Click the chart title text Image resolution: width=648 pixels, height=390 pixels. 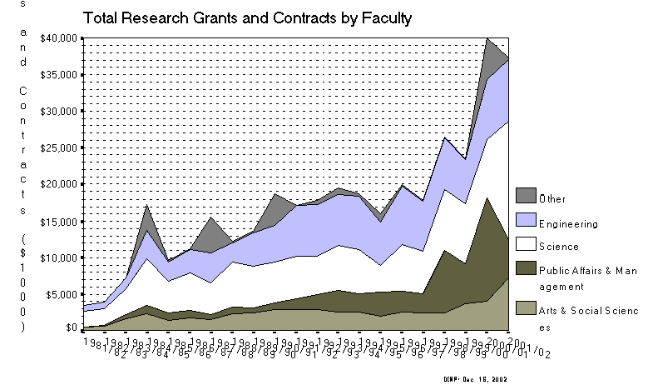pyautogui.click(x=246, y=16)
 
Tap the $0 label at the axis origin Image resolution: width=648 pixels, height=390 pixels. pyautogui.click(x=73, y=328)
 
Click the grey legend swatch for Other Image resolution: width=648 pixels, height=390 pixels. pyautogui.click(x=526, y=197)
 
